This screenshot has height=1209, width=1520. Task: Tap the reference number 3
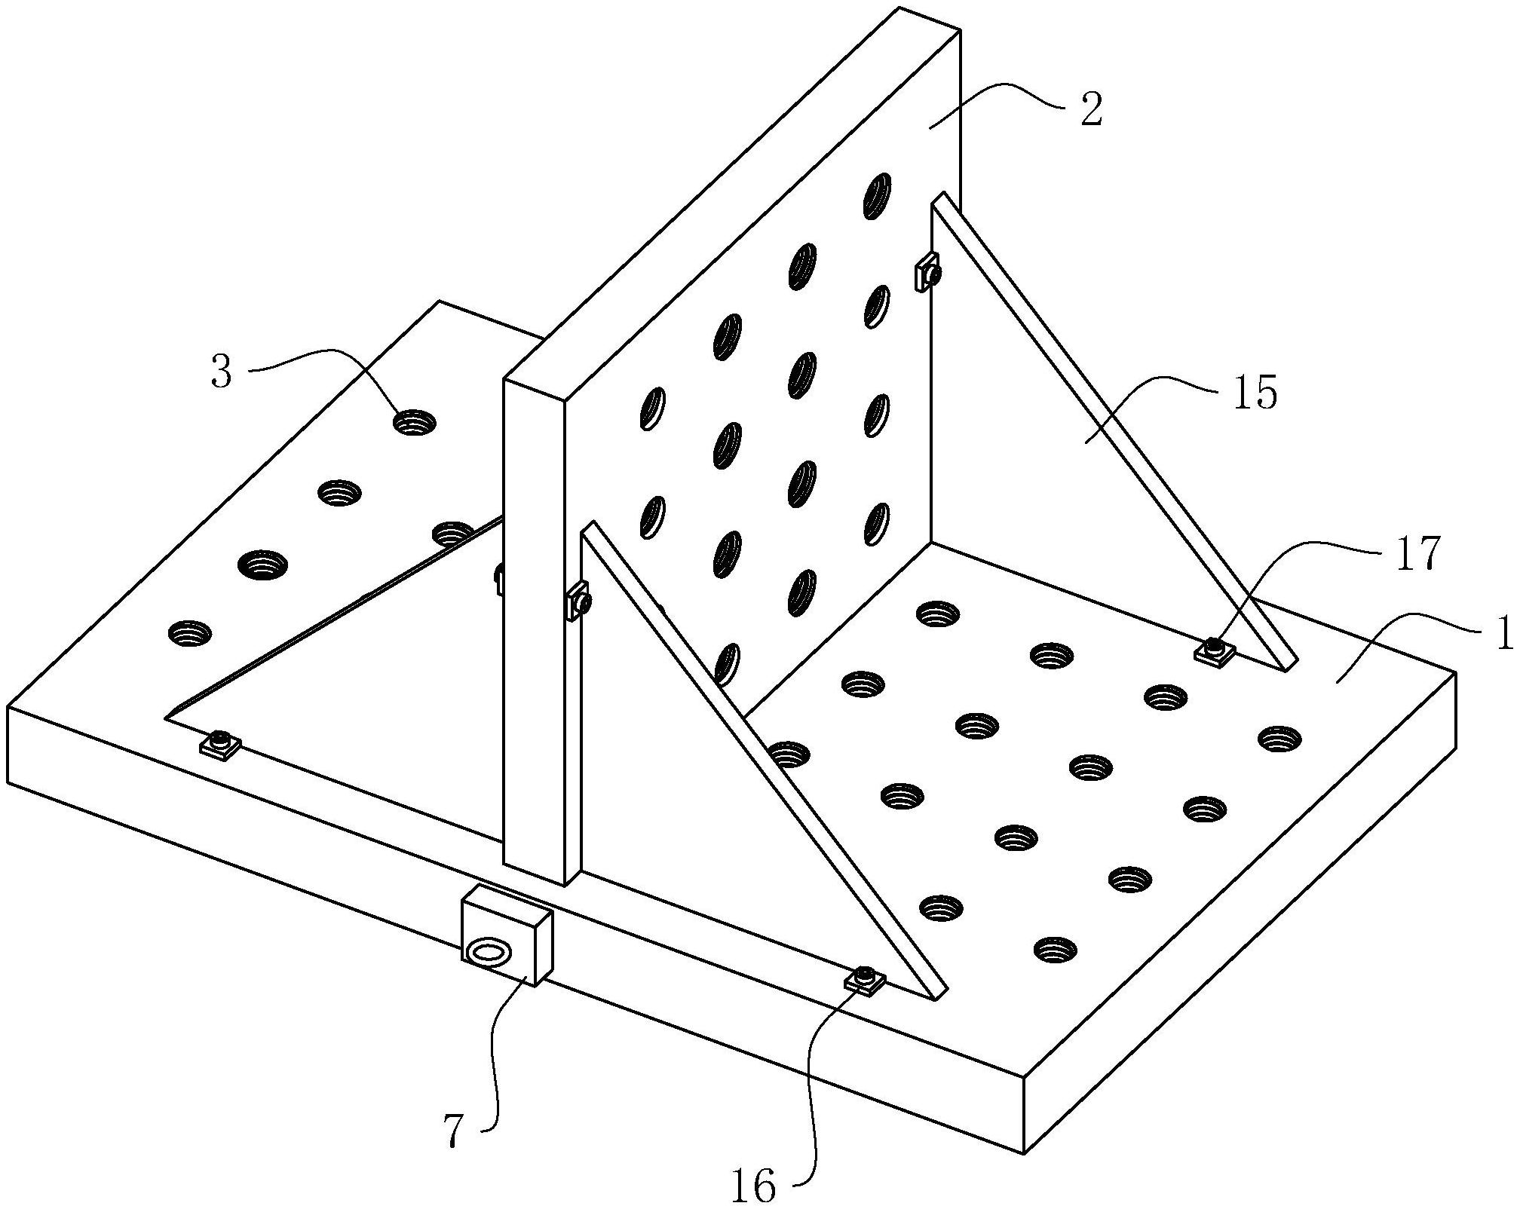(222, 372)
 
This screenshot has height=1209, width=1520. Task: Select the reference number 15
(1255, 392)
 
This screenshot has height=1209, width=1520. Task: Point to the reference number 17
(1417, 554)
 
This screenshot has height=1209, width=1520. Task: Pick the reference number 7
(452, 1131)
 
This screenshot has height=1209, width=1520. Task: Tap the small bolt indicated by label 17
(1215, 649)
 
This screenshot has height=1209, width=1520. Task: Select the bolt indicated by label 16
(866, 979)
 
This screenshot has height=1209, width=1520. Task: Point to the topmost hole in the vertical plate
(878, 196)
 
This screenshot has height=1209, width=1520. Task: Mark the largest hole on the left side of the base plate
(262, 564)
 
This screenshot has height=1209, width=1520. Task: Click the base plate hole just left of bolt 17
(1052, 656)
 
